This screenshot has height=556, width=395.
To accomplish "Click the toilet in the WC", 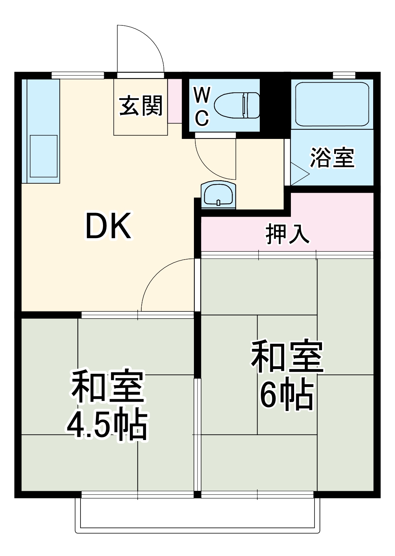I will (x=237, y=105).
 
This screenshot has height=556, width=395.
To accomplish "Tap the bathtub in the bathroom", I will (x=332, y=104).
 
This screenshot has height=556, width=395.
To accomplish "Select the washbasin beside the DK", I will (x=218, y=195).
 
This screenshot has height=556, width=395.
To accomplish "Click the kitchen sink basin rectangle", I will (x=44, y=156).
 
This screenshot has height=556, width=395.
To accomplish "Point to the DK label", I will (x=108, y=226).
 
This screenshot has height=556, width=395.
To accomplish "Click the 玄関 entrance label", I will (x=141, y=106).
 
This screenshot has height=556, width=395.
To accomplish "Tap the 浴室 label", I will (x=332, y=158).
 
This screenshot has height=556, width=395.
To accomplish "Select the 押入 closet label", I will (x=287, y=235).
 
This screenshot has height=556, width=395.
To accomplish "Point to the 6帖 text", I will (x=287, y=396).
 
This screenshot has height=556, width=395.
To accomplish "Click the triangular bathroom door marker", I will (x=299, y=174).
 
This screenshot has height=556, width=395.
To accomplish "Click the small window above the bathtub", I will (x=344, y=75).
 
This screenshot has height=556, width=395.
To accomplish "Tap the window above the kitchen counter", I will (x=78, y=75).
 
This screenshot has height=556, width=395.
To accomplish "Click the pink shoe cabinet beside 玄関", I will (x=175, y=101).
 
